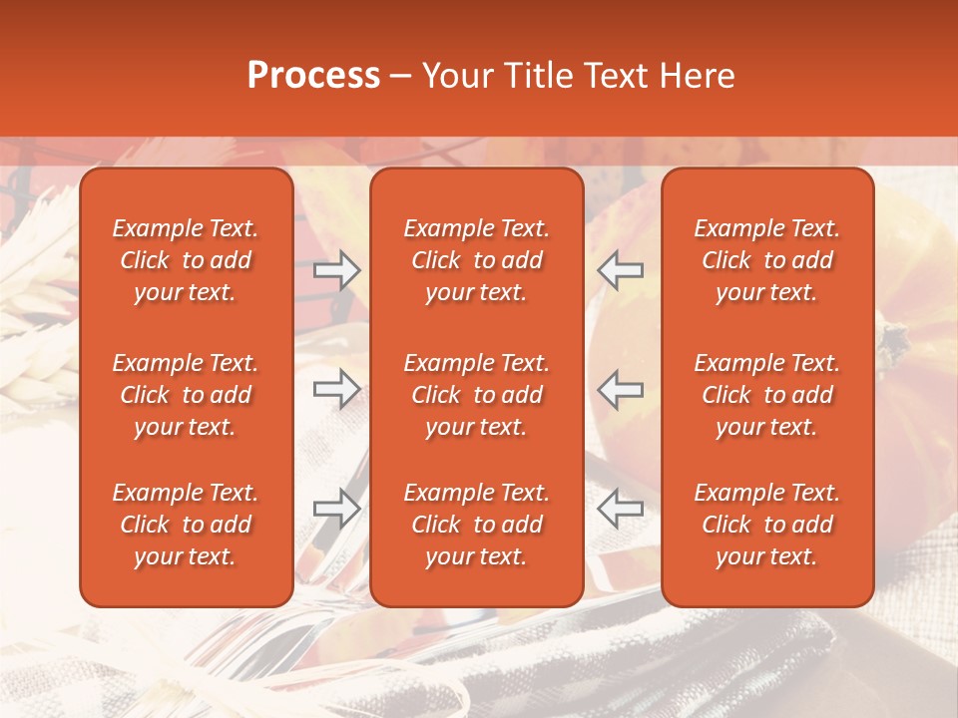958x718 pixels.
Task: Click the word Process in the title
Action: tap(313, 76)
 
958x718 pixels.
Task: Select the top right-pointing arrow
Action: tap(336, 270)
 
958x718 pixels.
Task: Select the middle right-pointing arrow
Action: tap(336, 389)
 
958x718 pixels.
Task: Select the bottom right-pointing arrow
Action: tap(336, 509)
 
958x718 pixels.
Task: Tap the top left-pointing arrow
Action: tap(620, 270)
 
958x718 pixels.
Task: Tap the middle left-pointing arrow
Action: tap(620, 389)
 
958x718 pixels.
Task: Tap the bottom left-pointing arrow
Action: tap(620, 509)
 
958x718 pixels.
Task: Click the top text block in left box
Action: tap(186, 260)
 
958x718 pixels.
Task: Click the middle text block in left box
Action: tap(186, 395)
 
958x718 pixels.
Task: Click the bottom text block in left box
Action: tap(186, 525)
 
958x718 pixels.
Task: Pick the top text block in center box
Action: tap(476, 260)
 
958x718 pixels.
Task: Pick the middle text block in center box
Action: tap(476, 395)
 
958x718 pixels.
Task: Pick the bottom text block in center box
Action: tap(476, 525)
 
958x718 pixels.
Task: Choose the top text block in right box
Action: tap(766, 260)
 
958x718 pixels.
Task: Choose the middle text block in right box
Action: tap(766, 395)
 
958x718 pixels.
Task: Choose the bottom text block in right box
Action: tap(766, 525)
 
